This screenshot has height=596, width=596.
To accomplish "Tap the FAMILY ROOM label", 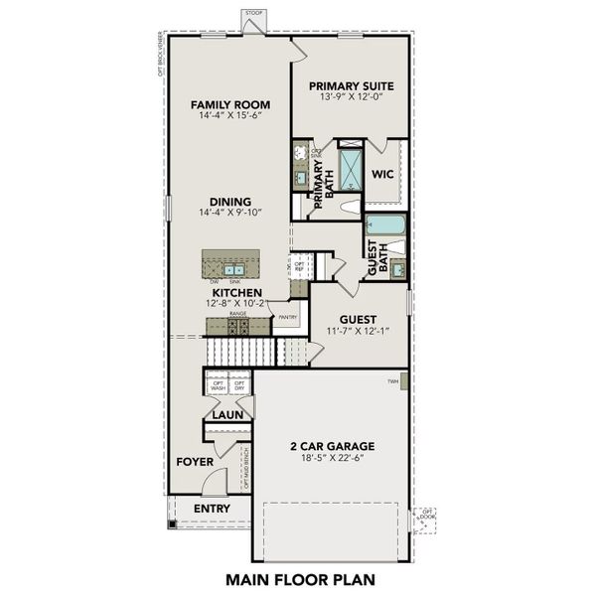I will [230, 105].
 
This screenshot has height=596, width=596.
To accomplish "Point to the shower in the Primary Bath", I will [351, 170].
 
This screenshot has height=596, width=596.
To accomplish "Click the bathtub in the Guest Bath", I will [384, 225].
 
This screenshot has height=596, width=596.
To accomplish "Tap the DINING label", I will [229, 202].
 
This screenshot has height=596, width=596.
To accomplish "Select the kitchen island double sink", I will [234, 268].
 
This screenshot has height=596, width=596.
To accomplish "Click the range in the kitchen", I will [237, 325].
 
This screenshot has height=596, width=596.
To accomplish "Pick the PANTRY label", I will [287, 318].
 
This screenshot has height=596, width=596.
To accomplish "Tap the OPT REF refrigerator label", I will [298, 267].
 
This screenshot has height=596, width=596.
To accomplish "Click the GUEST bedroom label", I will [357, 320].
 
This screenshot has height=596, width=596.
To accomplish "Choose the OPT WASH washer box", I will [219, 386].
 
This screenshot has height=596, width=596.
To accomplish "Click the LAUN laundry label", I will [227, 415].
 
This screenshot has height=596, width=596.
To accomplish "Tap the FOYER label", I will [195, 462].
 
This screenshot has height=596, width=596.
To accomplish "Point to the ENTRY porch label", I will [212, 510].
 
